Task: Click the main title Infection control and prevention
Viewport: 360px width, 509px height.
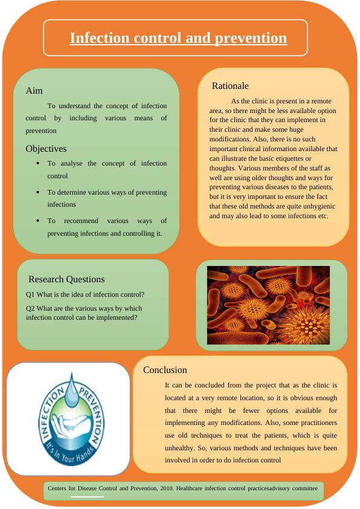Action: [x=178, y=38]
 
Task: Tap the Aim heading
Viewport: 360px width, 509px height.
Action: [x=34, y=91]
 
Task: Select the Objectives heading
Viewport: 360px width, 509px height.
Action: [x=46, y=149]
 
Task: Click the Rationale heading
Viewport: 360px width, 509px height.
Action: [x=230, y=86]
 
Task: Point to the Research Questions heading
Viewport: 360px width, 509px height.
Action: [x=66, y=279]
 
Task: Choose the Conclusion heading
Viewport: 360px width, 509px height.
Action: [x=165, y=370]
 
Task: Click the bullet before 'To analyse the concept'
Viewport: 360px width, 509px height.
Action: [x=38, y=163]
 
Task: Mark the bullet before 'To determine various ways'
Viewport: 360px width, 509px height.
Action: [x=38, y=192]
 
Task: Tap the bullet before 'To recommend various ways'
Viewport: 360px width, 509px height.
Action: [x=38, y=221]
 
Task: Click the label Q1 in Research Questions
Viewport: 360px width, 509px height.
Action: [x=31, y=294]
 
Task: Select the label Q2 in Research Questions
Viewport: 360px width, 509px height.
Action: [x=31, y=308]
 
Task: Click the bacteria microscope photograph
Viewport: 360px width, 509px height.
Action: [x=268, y=305]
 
